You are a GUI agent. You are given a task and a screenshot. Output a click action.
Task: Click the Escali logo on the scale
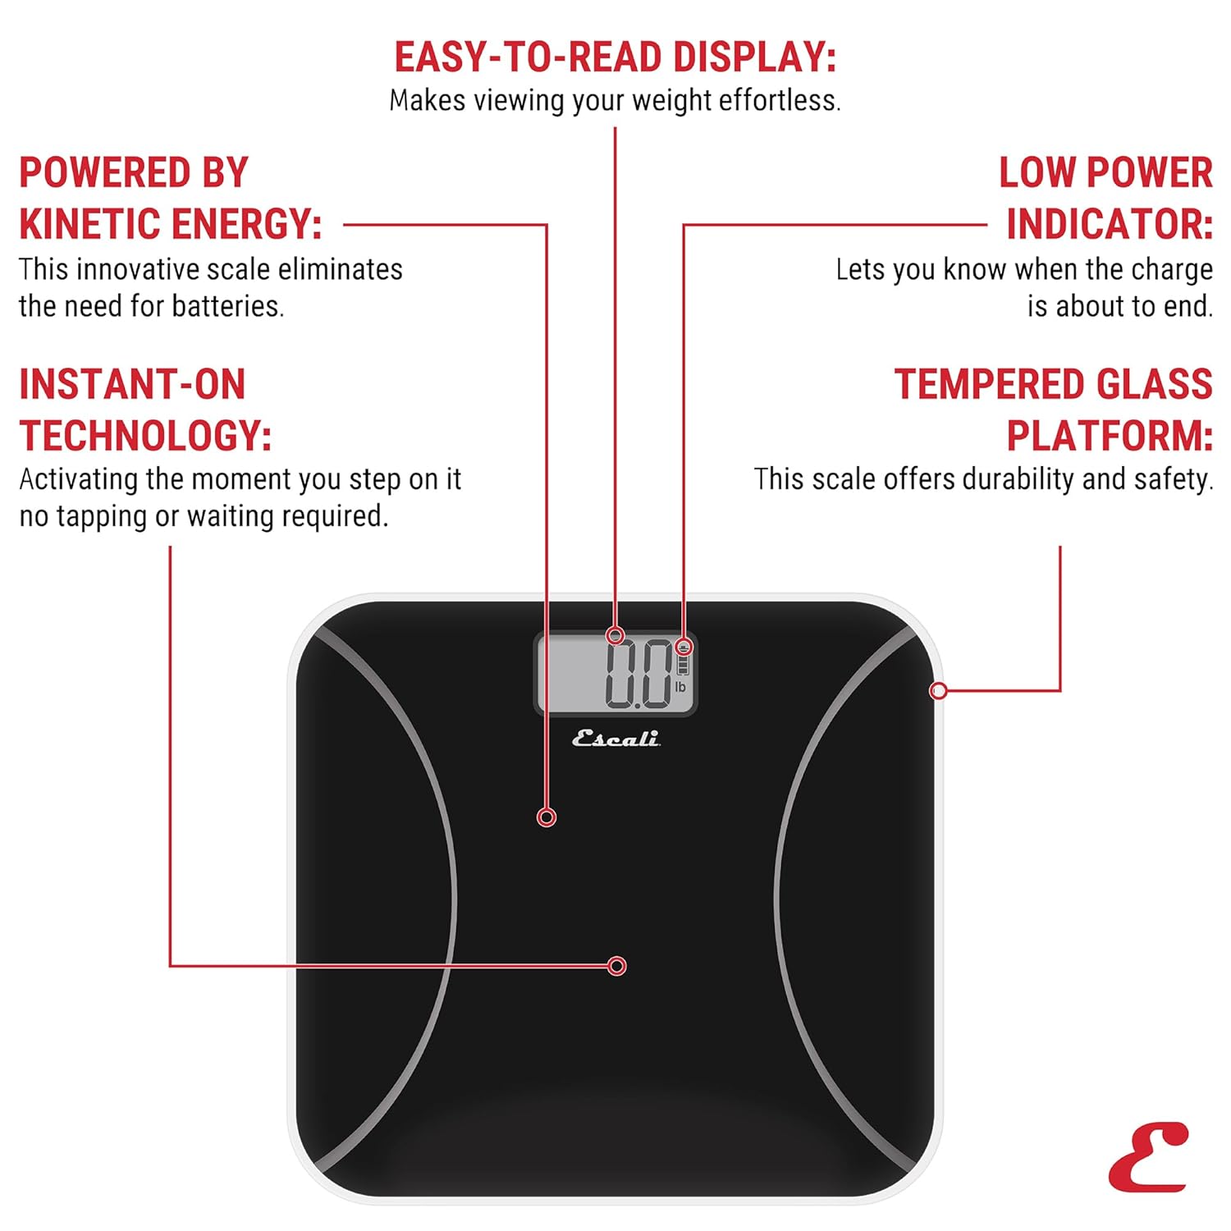click(x=615, y=739)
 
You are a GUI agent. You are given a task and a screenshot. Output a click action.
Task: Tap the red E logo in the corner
click(x=1148, y=1157)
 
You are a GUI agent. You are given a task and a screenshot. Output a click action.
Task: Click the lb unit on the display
click(x=680, y=687)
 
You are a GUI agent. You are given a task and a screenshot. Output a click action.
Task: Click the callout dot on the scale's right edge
click(x=938, y=691)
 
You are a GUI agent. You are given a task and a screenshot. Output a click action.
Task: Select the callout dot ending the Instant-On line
click(x=617, y=966)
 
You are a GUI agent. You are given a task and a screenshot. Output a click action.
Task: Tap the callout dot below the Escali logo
click(x=547, y=817)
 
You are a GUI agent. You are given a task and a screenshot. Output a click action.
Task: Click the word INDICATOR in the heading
click(x=1110, y=224)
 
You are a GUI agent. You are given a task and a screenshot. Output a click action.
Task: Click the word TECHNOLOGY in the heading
click(x=145, y=436)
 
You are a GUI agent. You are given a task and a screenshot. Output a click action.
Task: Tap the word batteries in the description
click(x=228, y=306)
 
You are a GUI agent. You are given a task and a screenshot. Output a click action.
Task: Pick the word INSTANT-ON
click(x=132, y=384)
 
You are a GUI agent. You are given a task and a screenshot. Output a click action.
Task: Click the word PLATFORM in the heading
click(x=1110, y=436)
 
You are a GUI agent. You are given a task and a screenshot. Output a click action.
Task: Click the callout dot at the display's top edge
click(x=615, y=635)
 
